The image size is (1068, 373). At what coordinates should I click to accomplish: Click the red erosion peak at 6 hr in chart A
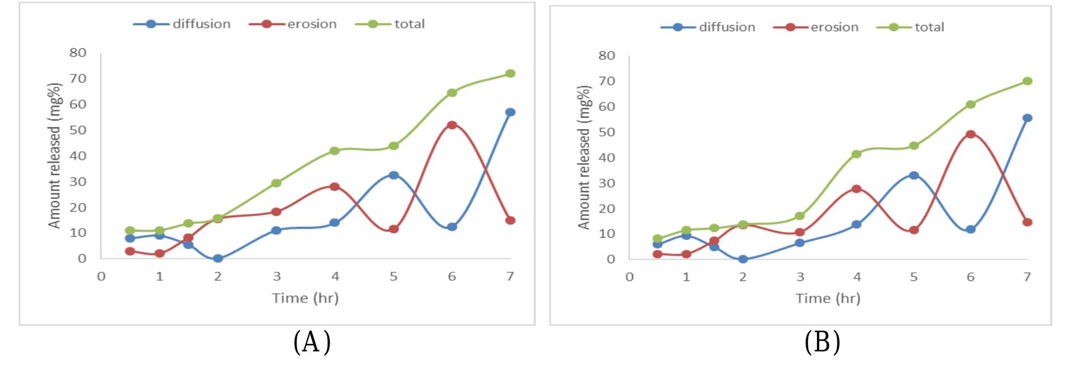452,125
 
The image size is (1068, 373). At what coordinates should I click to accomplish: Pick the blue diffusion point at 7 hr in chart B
1027,118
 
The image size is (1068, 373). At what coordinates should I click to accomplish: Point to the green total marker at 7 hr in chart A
510,73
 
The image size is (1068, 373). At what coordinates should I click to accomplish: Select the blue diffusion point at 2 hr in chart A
218,259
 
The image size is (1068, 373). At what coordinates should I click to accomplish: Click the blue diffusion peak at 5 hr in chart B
914,175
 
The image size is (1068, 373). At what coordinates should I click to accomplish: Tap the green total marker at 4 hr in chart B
857,154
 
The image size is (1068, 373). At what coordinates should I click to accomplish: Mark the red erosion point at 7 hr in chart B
1027,222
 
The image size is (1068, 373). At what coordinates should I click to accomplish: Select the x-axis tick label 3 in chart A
277,277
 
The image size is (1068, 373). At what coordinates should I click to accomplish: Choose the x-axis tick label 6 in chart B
970,277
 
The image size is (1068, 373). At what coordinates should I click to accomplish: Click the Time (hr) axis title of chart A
305,298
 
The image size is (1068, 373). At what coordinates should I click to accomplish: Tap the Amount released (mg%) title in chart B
584,158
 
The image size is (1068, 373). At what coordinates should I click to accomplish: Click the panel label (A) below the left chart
312,342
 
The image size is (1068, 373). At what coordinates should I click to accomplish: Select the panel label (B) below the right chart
822,342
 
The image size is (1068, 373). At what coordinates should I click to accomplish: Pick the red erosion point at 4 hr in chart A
335,186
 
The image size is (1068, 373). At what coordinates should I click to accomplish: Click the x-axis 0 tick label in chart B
629,277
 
